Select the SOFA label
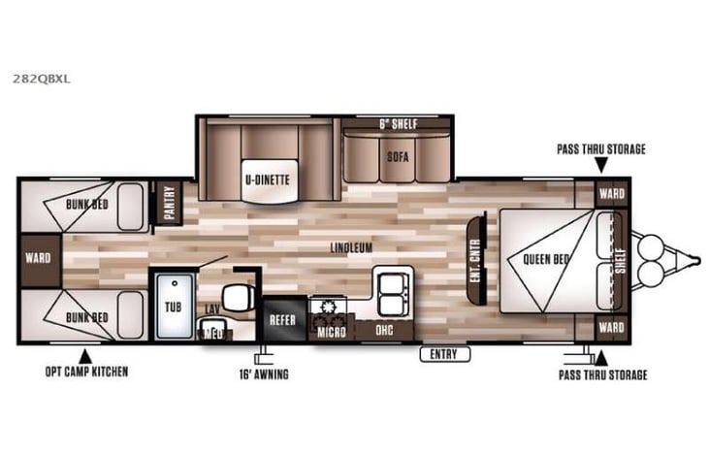(x=398, y=155)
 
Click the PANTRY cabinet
(x=167, y=203)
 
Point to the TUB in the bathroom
(x=172, y=304)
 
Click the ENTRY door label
(x=443, y=354)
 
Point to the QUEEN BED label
(x=545, y=259)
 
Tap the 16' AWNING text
(x=264, y=374)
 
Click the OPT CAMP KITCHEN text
(x=86, y=372)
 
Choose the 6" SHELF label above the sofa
(x=396, y=124)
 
